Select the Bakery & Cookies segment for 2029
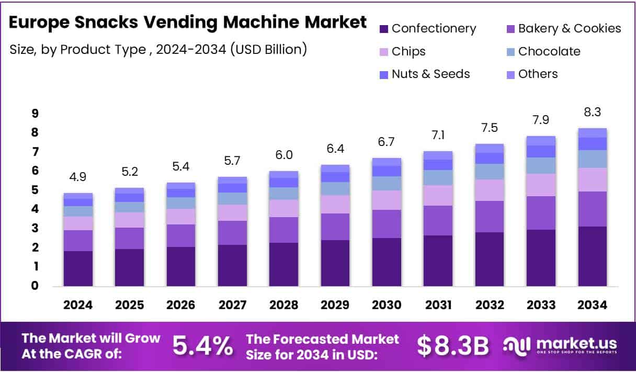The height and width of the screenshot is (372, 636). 335,227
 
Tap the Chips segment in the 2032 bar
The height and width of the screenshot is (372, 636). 490,190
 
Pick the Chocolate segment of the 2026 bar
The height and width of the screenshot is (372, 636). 180,202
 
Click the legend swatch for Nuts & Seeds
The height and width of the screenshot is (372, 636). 383,75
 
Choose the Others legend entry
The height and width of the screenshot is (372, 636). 538,74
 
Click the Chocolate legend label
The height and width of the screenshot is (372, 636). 549,51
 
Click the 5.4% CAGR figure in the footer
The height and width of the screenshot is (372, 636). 202,345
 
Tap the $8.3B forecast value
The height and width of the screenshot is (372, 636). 453,345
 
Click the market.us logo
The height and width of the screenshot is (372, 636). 560,345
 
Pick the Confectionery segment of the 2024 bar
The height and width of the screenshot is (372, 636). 78,268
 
